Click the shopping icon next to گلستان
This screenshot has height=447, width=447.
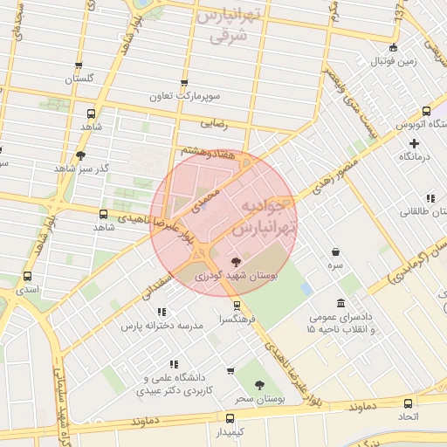pyautogui.click(x=78, y=65)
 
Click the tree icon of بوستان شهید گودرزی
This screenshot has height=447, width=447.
pyautogui.click(x=234, y=261)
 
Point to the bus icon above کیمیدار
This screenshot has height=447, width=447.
pyautogui.click(x=230, y=418)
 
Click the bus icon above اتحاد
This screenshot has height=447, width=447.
pyautogui.click(x=408, y=403)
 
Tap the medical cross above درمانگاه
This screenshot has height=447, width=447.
pyautogui.click(x=414, y=142)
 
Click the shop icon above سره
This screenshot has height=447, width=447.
pyautogui.click(x=335, y=251)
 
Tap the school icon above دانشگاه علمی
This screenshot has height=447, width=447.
pyautogui.click(x=174, y=364)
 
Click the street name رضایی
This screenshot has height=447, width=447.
pyautogui.click(x=214, y=124)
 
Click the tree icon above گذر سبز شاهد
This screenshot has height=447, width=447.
pyautogui.click(x=81, y=155)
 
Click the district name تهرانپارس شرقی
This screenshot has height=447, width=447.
pyautogui.click(x=228, y=26)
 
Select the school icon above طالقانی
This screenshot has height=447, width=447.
pyautogui.click(x=429, y=198)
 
